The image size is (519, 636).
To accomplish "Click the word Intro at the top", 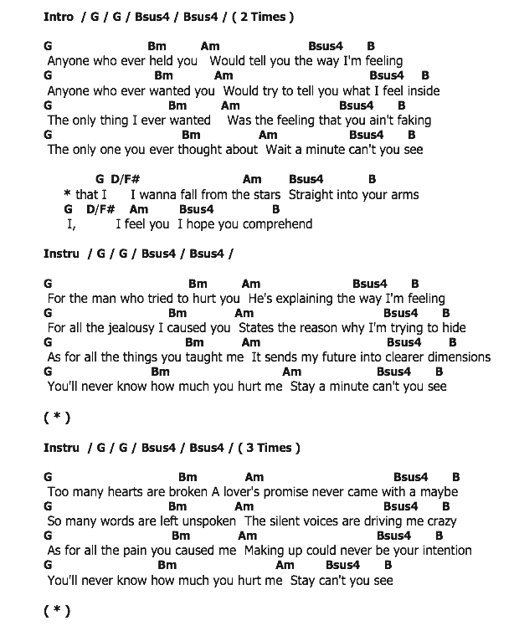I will (59, 17).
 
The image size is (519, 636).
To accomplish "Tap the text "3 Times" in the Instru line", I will (269, 448).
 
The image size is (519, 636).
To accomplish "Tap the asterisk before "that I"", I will (67, 195).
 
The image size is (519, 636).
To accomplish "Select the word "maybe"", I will (439, 492).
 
